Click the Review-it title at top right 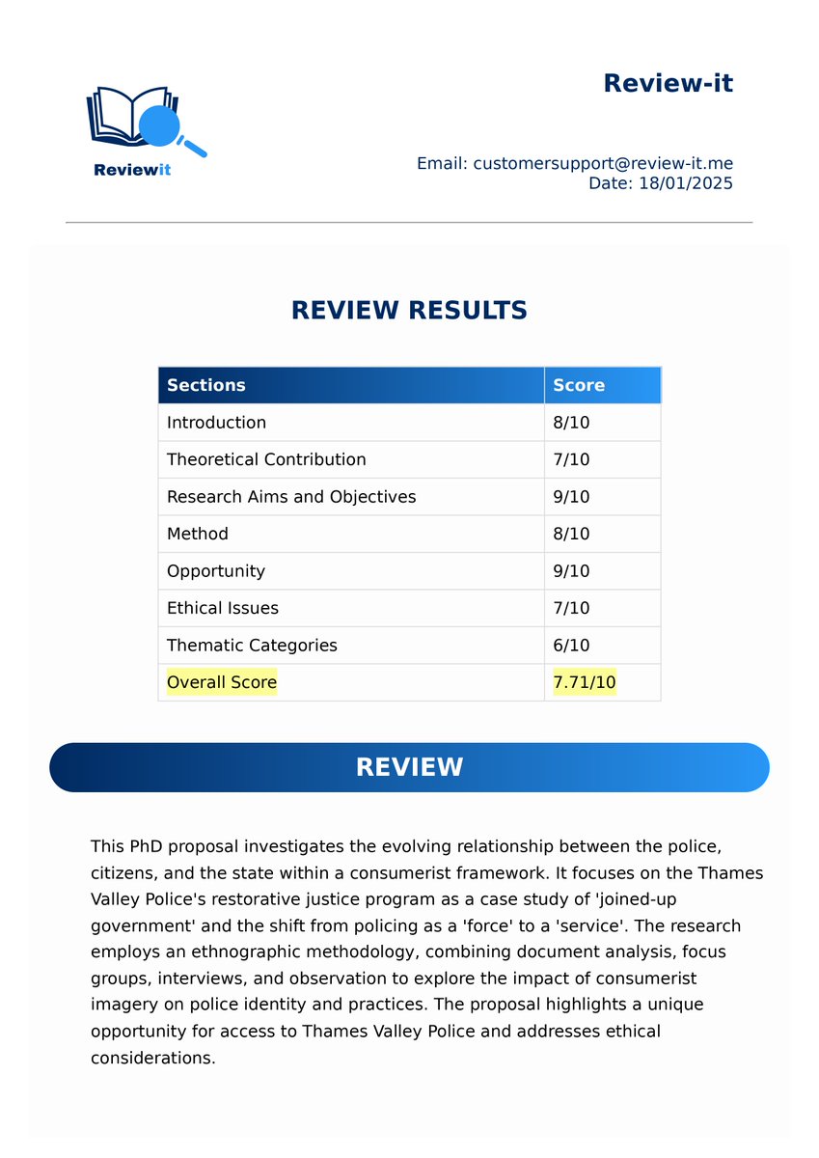[x=668, y=83]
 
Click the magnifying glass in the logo [x=160, y=124]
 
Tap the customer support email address [x=603, y=163]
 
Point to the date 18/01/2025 [x=685, y=182]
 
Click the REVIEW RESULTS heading [x=409, y=310]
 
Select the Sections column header [x=206, y=385]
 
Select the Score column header [x=579, y=385]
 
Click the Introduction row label [x=216, y=423]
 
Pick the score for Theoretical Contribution [x=571, y=459]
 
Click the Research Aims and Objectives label [x=291, y=497]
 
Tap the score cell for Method [x=571, y=534]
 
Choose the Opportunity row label [x=215, y=571]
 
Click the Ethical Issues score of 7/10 [x=571, y=608]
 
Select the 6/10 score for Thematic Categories [x=571, y=646]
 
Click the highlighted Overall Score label [x=222, y=682]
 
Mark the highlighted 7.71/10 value [x=585, y=682]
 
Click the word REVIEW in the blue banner [x=409, y=767]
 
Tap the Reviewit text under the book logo [x=132, y=171]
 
